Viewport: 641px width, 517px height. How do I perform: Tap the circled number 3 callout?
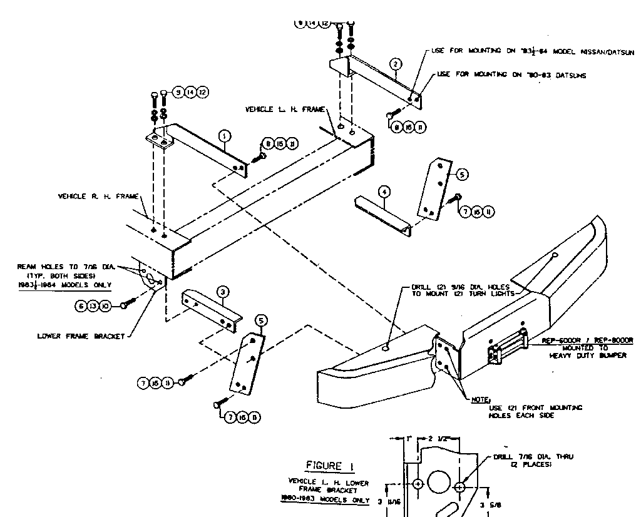tap(222, 291)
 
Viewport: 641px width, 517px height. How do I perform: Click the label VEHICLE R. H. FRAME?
tap(90, 196)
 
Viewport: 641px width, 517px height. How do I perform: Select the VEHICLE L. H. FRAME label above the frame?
tap(285, 110)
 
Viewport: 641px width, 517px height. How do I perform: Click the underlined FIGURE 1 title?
tap(324, 465)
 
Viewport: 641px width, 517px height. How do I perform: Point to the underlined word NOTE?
tap(481, 399)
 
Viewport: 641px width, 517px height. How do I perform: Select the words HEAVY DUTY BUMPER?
tap(579, 356)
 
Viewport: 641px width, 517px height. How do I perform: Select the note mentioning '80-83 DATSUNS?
tap(512, 75)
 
